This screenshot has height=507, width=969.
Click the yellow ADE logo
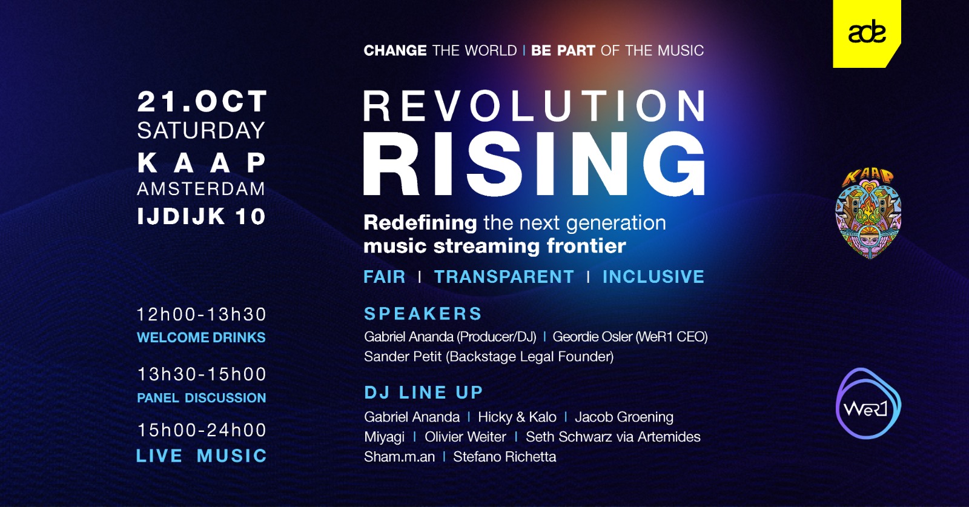(867, 33)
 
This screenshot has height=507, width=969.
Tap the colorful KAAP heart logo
(868, 214)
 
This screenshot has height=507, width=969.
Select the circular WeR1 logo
(868, 403)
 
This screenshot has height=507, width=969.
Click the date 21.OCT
(202, 101)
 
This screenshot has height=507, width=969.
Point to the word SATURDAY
(201, 131)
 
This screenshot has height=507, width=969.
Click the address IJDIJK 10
(201, 216)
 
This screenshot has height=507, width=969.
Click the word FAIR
(385, 277)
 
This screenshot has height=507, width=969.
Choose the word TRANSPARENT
(504, 277)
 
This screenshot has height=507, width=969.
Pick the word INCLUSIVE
(653, 277)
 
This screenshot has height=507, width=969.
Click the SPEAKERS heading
(423, 314)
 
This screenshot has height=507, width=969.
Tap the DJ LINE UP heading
(423, 393)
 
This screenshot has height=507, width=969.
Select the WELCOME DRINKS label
(201, 337)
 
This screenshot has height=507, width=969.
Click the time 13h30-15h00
(202, 374)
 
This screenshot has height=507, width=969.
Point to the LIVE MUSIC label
(202, 456)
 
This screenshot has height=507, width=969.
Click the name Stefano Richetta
(504, 457)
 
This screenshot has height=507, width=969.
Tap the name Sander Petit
(403, 356)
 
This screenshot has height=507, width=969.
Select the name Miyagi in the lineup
(384, 437)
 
